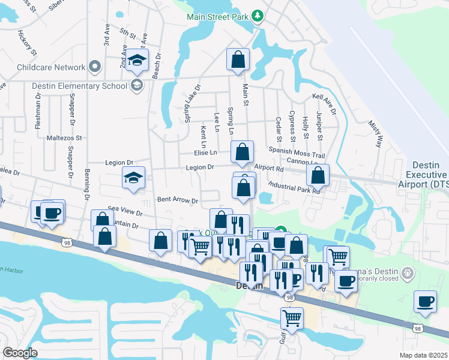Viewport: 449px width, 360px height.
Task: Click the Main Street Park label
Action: coord(217,16)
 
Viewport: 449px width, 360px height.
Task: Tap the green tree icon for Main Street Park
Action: coord(258,15)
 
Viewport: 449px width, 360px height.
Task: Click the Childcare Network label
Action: coord(51,68)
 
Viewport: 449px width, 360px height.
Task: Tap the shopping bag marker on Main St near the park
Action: coord(238,60)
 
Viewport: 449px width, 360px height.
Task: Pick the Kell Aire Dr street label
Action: coord(327,96)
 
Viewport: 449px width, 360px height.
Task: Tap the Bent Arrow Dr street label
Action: coord(177,200)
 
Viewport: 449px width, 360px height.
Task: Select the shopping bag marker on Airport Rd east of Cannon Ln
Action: coord(318,176)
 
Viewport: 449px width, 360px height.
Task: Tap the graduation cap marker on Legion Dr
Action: coord(133,178)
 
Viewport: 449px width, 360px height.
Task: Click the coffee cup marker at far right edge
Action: coord(426,301)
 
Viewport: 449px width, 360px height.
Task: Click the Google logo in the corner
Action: coord(20,353)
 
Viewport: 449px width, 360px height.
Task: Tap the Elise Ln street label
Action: coord(205,152)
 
